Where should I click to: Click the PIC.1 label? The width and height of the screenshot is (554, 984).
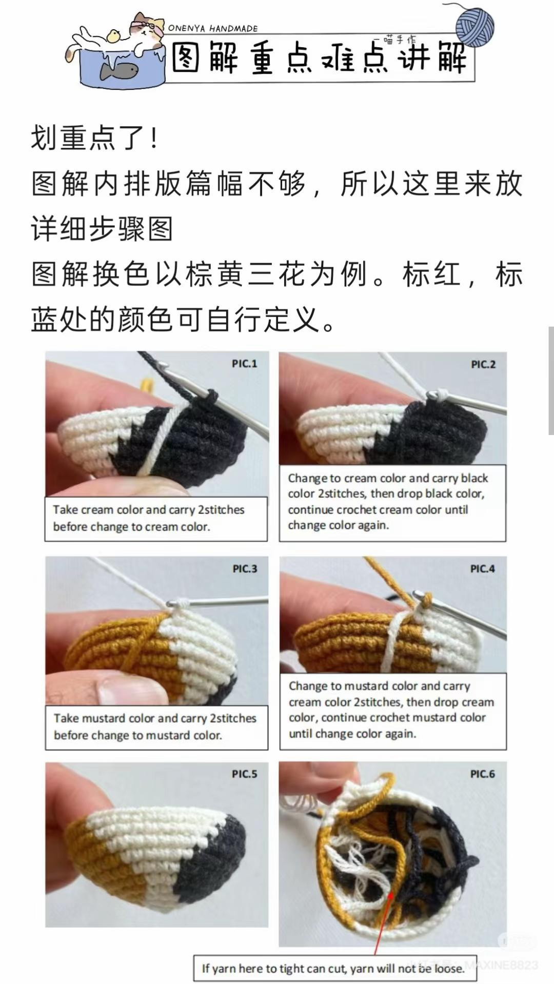(x=244, y=364)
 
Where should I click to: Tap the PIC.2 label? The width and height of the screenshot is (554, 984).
(x=483, y=364)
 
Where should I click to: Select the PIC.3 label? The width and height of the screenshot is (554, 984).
(x=245, y=568)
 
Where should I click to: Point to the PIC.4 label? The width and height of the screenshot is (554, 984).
(x=482, y=568)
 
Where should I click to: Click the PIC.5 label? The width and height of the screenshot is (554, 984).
(x=244, y=774)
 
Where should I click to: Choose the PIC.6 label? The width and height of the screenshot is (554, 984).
(x=482, y=774)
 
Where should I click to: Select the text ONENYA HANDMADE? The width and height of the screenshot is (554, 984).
(x=212, y=29)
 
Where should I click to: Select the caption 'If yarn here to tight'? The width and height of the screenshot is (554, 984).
(x=333, y=968)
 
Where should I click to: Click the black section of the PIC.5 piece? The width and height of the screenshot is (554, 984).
(x=210, y=867)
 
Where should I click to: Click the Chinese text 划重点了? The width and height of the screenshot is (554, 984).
(x=94, y=137)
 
